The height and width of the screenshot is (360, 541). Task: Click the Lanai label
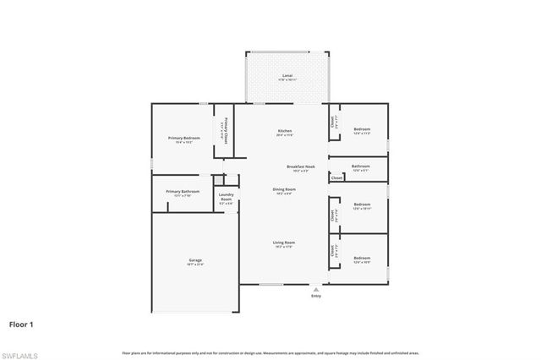pos(287,76)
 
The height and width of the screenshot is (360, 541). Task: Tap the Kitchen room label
pos(285,131)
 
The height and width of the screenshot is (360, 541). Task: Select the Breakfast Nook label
pos(300,166)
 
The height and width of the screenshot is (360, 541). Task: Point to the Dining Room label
pos(284,189)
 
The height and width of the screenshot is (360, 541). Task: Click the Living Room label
pos(283,243)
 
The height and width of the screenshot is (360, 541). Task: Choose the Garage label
pos(195,259)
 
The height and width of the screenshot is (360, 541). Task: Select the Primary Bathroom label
pos(183,192)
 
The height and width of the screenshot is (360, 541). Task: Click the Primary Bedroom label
pos(183,137)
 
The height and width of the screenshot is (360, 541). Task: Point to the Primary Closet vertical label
pos(226,131)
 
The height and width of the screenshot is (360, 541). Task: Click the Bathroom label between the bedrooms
pos(361,166)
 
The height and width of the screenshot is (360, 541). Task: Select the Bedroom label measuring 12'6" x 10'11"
pos(362,205)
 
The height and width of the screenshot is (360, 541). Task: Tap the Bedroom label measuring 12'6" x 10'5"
pos(362,258)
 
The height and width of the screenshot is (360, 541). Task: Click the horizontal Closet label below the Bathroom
pos(336,178)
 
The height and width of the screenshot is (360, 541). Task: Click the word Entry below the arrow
pos(316,297)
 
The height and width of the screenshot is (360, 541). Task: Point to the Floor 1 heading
pos(22,324)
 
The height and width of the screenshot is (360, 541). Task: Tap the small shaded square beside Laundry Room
pos(219,180)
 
